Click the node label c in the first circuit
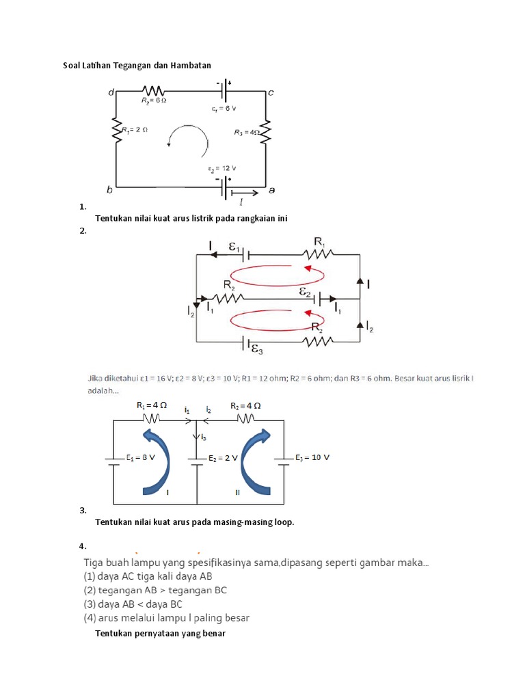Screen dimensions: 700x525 271,92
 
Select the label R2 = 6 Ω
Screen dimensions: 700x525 154,100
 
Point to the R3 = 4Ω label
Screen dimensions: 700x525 246,133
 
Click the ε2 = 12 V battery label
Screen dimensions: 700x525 223,168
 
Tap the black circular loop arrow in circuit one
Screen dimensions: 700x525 188,139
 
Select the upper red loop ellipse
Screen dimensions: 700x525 276,275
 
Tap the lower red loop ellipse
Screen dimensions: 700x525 276,319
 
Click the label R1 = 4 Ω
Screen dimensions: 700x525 152,405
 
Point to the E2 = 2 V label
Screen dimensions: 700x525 222,458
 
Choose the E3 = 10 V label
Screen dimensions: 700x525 312,457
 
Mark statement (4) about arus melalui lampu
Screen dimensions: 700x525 166,618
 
